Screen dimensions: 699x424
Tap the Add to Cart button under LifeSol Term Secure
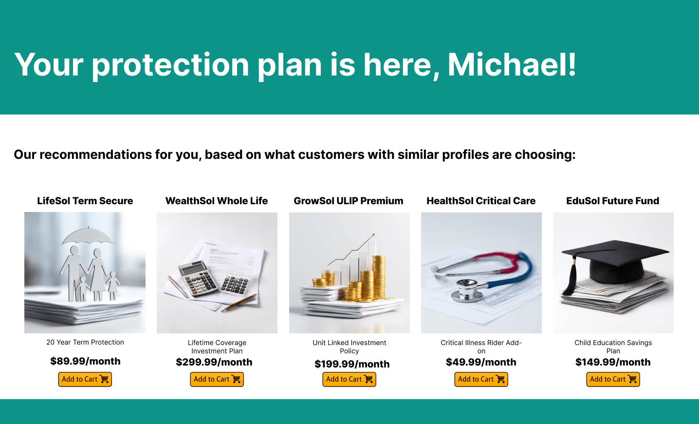tap(85, 379)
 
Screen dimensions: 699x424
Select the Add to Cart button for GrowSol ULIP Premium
tap(349, 379)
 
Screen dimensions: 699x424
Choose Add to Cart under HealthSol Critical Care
tap(481, 379)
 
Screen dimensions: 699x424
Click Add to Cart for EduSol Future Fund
tap(613, 379)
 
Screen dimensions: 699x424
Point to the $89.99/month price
tap(85, 361)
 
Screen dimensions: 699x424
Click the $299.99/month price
tap(214, 362)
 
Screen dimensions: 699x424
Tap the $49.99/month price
tap(481, 362)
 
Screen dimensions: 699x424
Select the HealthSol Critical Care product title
tap(481, 201)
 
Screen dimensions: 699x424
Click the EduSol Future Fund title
tap(612, 201)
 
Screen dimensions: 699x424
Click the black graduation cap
tap(615, 261)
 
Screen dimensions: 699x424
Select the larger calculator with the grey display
tap(197, 279)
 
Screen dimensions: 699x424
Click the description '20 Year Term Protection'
tap(85, 342)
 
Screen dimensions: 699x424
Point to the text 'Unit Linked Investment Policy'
tap(349, 347)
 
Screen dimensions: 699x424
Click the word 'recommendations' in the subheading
tap(95, 154)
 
